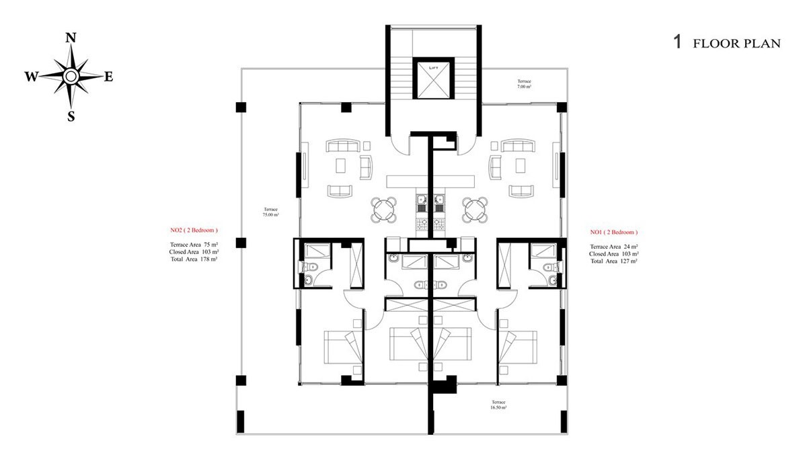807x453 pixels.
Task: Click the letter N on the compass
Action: coord(71,38)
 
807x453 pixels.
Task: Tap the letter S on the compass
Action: coord(71,116)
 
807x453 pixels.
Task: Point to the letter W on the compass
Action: coord(32,77)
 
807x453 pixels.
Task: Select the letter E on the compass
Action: coord(109,77)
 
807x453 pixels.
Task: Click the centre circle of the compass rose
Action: coord(71,77)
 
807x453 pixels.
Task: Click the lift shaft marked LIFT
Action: coord(433,80)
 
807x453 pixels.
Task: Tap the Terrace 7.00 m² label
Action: coord(524,84)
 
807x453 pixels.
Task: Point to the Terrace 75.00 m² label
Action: coord(270,212)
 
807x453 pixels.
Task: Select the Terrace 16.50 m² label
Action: coord(498,405)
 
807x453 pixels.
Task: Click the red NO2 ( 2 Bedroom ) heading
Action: coord(194,230)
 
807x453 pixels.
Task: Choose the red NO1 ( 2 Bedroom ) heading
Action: coord(613,233)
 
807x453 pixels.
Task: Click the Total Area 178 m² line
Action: coord(194,259)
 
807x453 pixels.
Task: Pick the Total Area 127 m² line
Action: coord(613,261)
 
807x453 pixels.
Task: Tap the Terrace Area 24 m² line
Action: coord(613,247)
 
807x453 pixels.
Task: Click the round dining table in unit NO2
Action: coord(384,210)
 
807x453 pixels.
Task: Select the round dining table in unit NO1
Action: coord(475,210)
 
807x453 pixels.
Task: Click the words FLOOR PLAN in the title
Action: coord(737,44)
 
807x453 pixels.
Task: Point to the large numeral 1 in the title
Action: coord(678,42)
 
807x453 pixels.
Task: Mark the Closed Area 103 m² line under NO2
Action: coord(194,252)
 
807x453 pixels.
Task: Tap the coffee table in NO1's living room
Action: coord(520,165)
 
